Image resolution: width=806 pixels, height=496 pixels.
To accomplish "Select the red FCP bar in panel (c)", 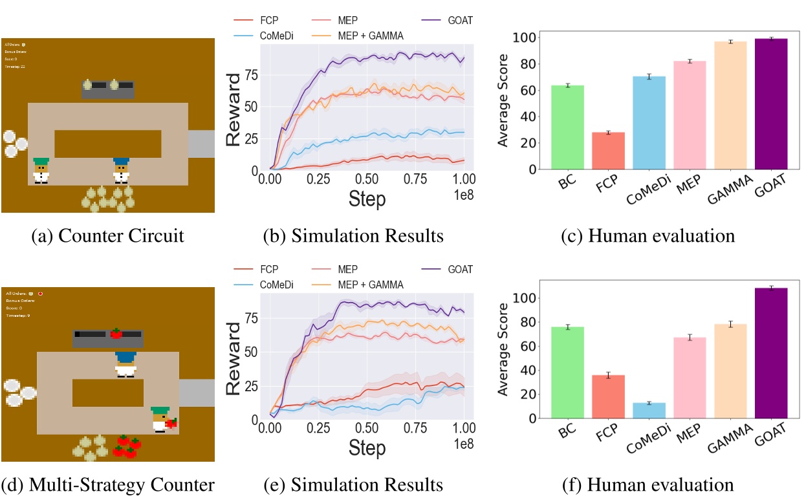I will [x=608, y=151].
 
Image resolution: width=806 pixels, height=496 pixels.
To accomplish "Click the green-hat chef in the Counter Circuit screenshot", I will [x=41, y=170].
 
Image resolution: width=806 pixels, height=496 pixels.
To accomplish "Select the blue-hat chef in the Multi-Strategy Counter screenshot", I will [x=125, y=363].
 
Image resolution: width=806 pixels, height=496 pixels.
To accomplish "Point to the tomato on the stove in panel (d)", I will [x=116, y=334].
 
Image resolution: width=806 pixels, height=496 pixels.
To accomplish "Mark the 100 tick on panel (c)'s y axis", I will [x=528, y=38].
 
